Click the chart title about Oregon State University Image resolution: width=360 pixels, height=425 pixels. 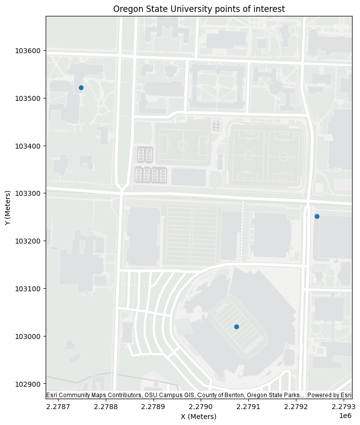point(199,9)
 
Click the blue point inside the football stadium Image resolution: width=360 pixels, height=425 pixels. point(236,327)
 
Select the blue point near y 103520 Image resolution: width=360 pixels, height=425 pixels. point(81,87)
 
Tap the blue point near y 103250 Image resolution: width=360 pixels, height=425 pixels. point(317,216)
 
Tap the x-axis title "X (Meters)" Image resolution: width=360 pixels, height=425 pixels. point(199,417)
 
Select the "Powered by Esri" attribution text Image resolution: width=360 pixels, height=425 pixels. point(330,395)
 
